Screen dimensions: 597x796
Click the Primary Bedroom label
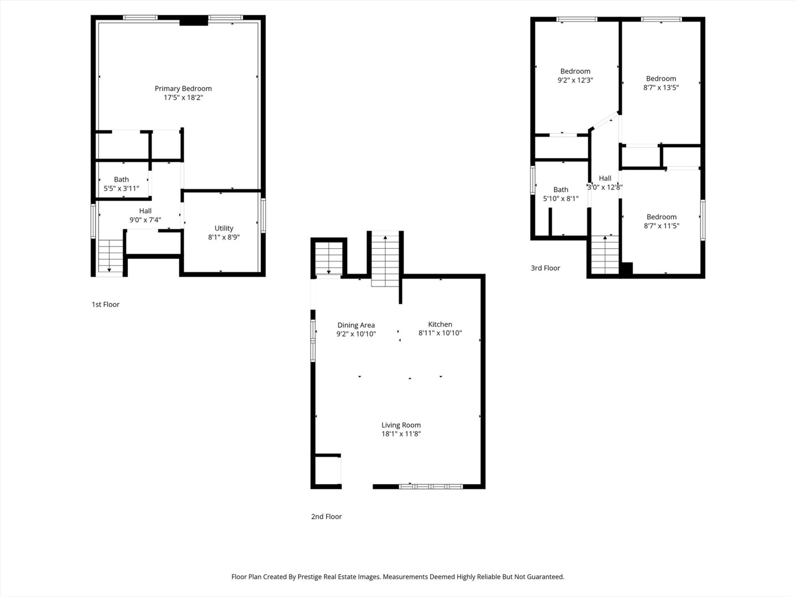pos(183,88)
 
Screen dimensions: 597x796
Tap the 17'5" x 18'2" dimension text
pos(183,98)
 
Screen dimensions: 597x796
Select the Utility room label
pos(224,228)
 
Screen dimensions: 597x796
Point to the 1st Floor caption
pos(106,305)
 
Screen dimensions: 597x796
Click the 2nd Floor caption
pos(326,517)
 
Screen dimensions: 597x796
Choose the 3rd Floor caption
pos(545,268)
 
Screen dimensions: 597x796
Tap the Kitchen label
pos(440,324)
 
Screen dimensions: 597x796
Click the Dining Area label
pos(356,325)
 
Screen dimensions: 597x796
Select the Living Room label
pos(401,425)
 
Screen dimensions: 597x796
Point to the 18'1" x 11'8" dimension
pos(401,434)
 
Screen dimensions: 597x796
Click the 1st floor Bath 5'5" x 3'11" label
pos(121,184)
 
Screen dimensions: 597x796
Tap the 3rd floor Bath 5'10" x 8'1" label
pos(561,194)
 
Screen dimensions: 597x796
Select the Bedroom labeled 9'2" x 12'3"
pos(575,76)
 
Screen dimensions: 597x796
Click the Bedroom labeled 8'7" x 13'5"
pos(661,83)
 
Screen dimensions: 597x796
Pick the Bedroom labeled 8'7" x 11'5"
pos(661,221)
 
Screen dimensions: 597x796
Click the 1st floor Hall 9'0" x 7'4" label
pos(145,215)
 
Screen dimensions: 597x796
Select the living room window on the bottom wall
pos(431,486)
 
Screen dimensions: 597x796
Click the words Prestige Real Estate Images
pos(338,577)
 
